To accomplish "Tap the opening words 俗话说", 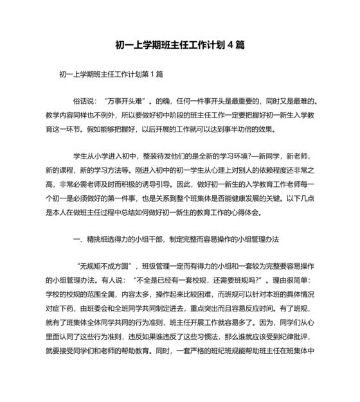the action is [85, 101].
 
